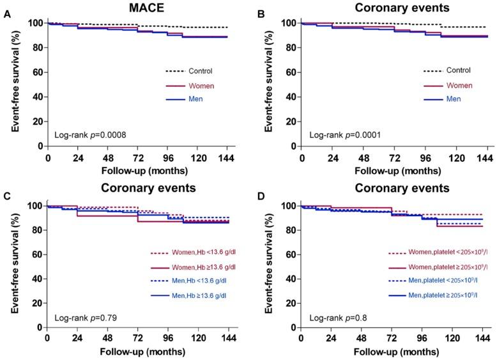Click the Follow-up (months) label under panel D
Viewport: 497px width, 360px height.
point(394,351)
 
